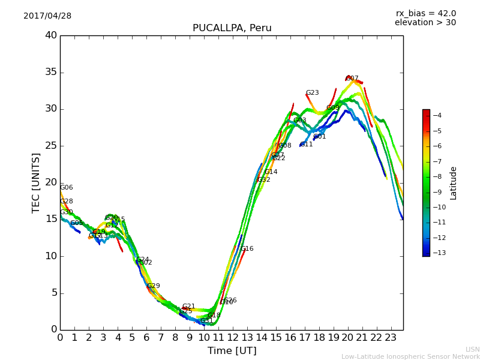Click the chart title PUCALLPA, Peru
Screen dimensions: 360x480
coord(232,28)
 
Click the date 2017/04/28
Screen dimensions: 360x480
coord(47,16)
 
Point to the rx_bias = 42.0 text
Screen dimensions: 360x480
coord(425,13)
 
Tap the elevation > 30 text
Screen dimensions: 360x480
coord(425,23)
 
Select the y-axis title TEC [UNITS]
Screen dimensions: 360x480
coord(37,182)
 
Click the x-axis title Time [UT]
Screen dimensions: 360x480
coord(232,351)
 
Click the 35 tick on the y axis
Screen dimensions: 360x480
coord(51,73)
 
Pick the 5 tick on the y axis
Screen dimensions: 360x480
coord(54,293)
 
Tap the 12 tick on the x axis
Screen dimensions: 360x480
coord(232,337)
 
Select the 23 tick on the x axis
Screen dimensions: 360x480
coord(391,337)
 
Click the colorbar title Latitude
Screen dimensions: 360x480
coord(454,183)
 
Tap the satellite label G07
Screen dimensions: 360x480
coord(352,79)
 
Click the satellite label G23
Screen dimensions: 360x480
coord(312,93)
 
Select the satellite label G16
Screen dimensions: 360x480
coord(247,249)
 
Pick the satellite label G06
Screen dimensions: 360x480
coord(66,188)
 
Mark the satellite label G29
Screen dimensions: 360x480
coord(154,286)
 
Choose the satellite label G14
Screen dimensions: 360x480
coord(271,172)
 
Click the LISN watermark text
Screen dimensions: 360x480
coord(472,349)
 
